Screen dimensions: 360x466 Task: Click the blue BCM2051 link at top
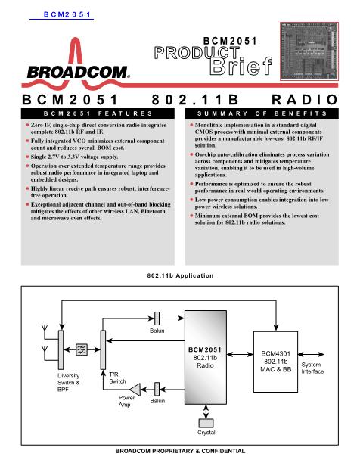[x=67, y=14]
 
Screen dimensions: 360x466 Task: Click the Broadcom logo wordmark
[x=79, y=73]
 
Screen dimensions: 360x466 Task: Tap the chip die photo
[x=309, y=51]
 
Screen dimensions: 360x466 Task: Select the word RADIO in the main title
[x=305, y=100]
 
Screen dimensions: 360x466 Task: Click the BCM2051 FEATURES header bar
[x=98, y=113]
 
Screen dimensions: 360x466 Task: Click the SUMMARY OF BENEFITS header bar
[x=262, y=113]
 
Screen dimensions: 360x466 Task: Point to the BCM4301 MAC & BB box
[x=275, y=362]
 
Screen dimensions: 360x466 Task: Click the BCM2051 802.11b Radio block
[x=206, y=357]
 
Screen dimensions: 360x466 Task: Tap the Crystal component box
[x=206, y=423]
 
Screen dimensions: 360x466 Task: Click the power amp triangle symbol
[x=135, y=390]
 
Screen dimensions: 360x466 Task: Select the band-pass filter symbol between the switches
[x=82, y=349]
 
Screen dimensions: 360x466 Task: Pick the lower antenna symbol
[x=45, y=349]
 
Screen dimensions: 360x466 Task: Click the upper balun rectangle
[x=157, y=318]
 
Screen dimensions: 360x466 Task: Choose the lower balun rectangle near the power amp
[x=157, y=389]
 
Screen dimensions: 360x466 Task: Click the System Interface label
[x=312, y=368]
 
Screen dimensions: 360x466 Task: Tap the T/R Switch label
[x=117, y=377]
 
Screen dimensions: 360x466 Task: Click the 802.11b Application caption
[x=180, y=275]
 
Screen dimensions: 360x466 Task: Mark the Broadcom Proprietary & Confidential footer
[x=180, y=451]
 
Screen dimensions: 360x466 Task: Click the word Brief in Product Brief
[x=241, y=65]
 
